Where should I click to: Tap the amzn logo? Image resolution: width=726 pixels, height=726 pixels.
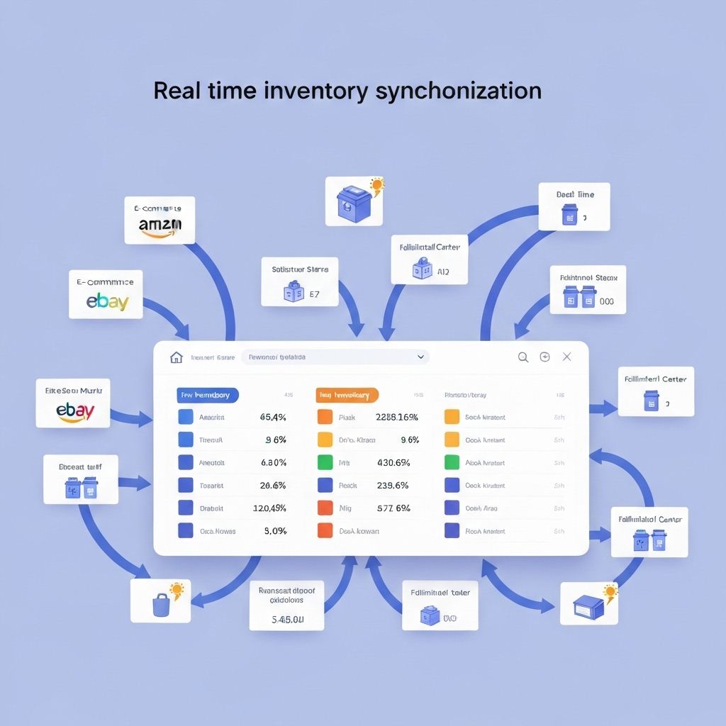click(x=160, y=226)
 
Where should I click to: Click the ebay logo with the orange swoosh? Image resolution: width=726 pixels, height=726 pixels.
click(x=76, y=412)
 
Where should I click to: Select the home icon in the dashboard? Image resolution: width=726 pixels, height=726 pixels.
click(x=177, y=357)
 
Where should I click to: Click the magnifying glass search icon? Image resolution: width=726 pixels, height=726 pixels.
click(x=523, y=357)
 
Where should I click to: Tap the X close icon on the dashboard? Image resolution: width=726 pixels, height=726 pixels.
click(x=566, y=357)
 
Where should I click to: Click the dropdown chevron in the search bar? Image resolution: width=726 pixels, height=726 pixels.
click(x=420, y=357)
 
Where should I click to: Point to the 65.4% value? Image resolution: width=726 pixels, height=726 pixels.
click(x=273, y=418)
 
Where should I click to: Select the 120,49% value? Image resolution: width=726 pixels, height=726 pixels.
click(x=269, y=508)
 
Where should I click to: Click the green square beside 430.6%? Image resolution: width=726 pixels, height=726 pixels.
click(x=325, y=463)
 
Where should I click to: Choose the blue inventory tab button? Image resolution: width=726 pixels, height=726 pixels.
click(x=208, y=395)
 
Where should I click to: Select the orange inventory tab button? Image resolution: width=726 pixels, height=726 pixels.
click(x=347, y=395)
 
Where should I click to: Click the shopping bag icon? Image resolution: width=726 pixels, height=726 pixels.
click(x=161, y=605)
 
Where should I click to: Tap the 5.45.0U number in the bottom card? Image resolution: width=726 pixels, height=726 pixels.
click(x=287, y=620)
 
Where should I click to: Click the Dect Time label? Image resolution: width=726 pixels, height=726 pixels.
click(x=575, y=194)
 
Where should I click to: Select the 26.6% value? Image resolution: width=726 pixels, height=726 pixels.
click(x=273, y=486)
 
